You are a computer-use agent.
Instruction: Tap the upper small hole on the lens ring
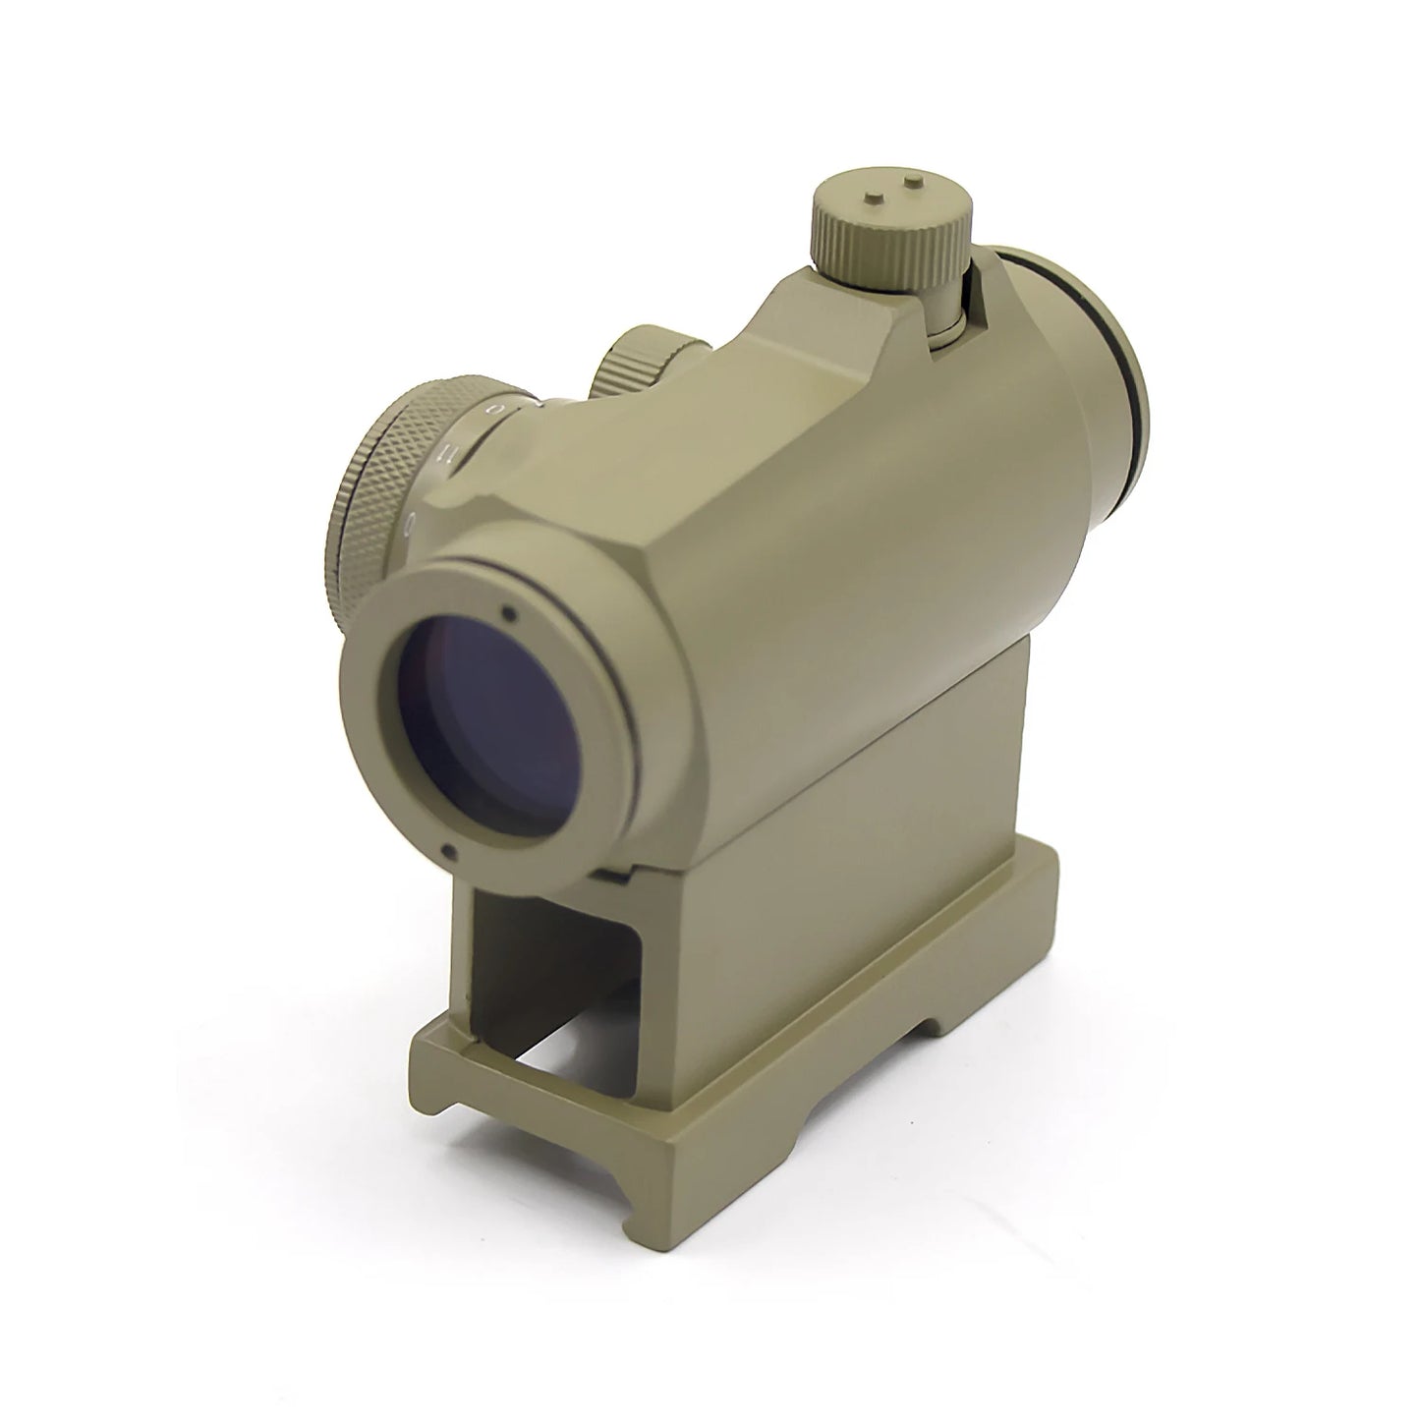[x=508, y=615]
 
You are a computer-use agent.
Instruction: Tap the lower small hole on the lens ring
[x=447, y=852]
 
